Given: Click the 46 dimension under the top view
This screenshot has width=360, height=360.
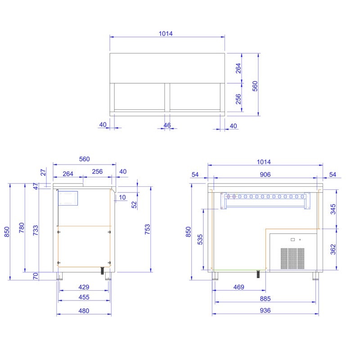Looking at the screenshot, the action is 167,125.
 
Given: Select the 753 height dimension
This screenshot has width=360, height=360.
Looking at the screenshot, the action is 147,229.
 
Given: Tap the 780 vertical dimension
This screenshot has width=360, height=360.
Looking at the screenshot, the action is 21,228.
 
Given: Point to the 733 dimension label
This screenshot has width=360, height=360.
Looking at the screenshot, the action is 36,230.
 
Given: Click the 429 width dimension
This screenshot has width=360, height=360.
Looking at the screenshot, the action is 84,287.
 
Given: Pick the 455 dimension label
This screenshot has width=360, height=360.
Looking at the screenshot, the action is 84,297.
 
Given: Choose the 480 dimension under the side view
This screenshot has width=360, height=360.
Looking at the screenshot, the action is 84,310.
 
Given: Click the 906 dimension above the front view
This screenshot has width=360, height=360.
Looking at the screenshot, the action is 265,175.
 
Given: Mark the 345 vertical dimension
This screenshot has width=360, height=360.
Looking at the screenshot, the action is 333,209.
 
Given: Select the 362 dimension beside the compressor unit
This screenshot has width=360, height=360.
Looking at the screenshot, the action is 333,249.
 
